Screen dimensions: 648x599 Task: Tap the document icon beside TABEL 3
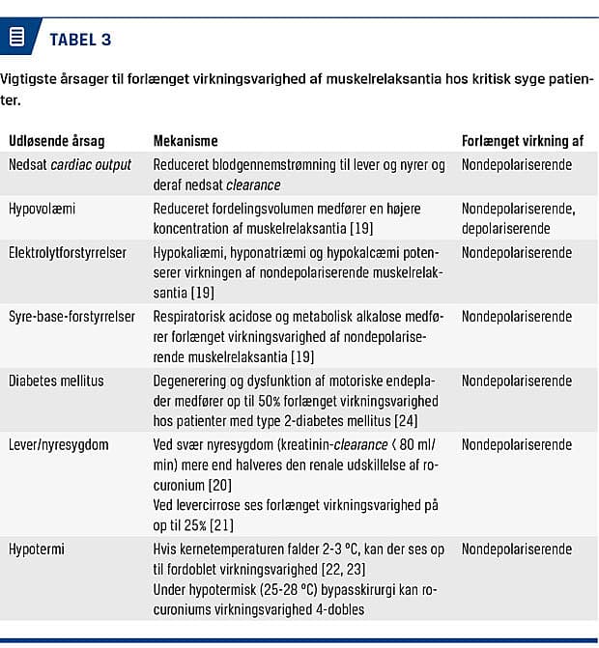[16, 38]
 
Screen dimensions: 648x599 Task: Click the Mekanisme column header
[185, 141]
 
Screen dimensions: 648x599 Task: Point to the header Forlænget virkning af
[522, 141]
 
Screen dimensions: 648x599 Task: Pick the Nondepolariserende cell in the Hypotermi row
[516, 548]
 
